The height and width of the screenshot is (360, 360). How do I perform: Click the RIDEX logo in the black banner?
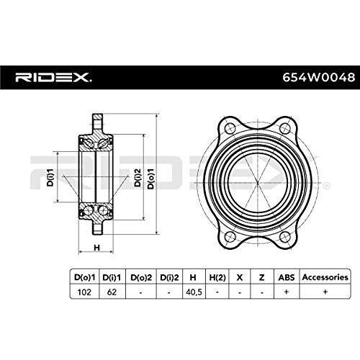click(53, 78)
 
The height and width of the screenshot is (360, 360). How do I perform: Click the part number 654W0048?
click(318, 78)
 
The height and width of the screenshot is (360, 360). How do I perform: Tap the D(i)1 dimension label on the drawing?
click(50, 177)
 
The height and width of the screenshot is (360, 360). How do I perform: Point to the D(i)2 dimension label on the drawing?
click(138, 177)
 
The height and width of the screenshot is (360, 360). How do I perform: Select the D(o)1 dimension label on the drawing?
click(150, 179)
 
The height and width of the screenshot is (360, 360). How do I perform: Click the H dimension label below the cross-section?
click(96, 248)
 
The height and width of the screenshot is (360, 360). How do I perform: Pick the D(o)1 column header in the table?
click(85, 277)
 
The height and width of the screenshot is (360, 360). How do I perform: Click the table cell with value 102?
click(84, 292)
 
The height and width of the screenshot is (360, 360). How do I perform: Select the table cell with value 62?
click(112, 292)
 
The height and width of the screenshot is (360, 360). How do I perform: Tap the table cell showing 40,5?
click(194, 292)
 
